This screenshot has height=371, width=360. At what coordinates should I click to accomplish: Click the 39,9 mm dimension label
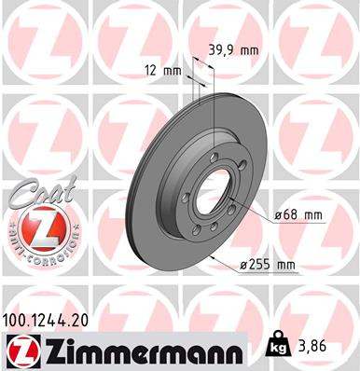(230, 52)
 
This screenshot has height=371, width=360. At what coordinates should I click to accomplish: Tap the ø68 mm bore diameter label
(298, 216)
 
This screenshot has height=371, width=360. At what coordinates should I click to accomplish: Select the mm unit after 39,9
(247, 52)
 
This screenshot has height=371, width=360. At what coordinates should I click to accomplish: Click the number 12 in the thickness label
(151, 70)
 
